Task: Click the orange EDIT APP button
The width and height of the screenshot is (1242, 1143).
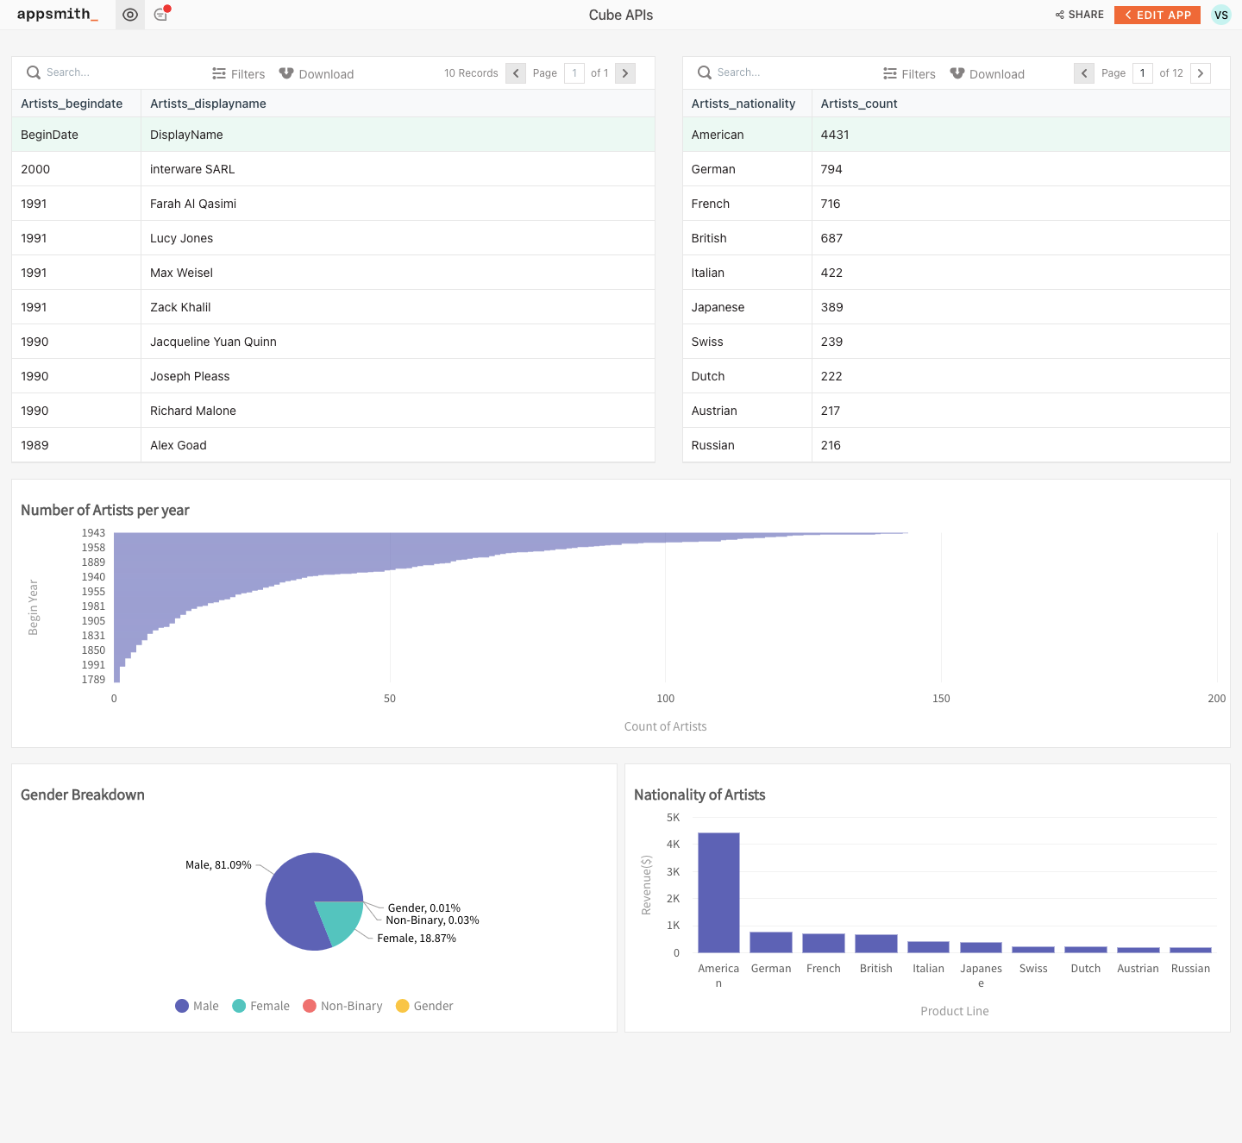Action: coord(1157,15)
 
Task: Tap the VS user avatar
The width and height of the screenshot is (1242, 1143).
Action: coord(1220,15)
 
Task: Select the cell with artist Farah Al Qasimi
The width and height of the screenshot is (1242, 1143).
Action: coord(193,204)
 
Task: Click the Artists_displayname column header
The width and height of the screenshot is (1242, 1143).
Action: coord(208,104)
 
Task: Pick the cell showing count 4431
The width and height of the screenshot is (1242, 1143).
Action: coord(835,135)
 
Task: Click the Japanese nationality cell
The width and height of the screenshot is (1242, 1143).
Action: coord(718,307)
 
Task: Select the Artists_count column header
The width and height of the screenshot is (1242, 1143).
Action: coord(859,104)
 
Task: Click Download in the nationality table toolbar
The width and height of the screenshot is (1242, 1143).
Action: coord(988,74)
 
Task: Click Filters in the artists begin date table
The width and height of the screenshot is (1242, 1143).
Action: coord(239,74)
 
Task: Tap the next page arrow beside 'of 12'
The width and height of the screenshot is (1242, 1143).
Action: coord(1200,73)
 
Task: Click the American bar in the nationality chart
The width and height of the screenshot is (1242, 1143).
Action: coord(718,893)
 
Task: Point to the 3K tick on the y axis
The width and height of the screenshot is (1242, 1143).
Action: coord(673,872)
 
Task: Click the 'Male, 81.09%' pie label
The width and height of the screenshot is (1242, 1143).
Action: coord(218,865)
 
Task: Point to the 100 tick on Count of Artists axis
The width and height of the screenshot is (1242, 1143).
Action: coord(665,699)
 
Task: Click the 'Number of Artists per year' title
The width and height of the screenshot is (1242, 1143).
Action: coord(105,510)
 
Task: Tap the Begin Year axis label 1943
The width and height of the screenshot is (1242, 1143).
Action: coord(93,533)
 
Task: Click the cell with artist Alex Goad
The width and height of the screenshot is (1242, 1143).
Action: coord(179,445)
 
